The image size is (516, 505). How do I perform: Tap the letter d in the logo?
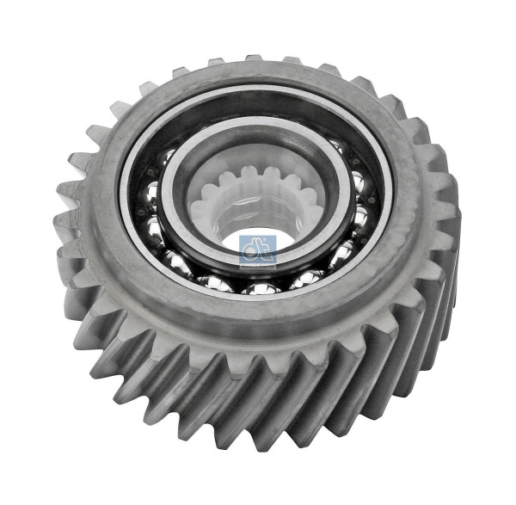252,250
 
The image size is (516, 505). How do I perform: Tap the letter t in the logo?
264,250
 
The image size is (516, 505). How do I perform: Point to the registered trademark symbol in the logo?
273,238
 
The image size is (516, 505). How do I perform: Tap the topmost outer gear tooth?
254,59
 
